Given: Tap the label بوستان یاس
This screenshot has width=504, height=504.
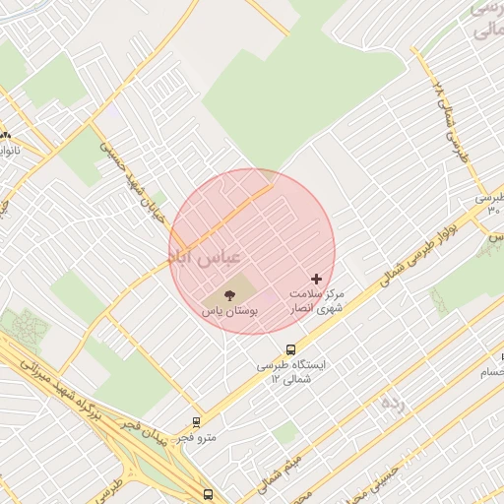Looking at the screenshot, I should [x=229, y=310].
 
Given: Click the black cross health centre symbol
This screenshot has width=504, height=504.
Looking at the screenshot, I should [x=316, y=280].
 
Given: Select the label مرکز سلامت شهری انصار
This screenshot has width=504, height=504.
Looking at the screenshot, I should [x=317, y=301].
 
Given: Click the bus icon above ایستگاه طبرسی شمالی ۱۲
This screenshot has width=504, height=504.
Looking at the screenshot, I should [x=290, y=348].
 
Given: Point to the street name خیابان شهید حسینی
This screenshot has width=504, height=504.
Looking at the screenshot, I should [x=131, y=183].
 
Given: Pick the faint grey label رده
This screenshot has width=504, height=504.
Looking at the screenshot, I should [x=392, y=405].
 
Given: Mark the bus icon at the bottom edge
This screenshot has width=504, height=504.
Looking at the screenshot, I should [x=208, y=494].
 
